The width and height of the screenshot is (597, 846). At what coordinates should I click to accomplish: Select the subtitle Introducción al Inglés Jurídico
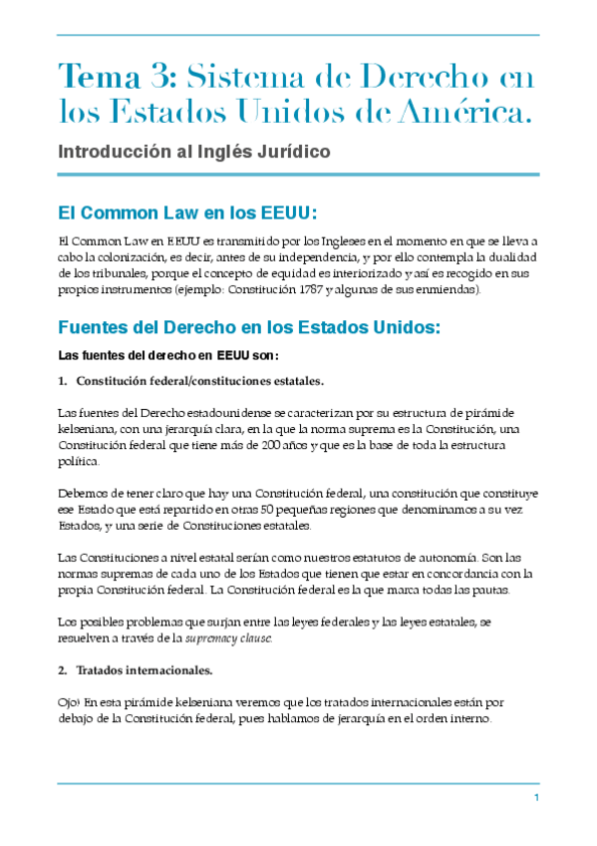coord(193,153)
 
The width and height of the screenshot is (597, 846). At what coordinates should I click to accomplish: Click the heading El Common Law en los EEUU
coord(187,212)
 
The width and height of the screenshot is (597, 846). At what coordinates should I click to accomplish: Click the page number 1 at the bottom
coord(536,798)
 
